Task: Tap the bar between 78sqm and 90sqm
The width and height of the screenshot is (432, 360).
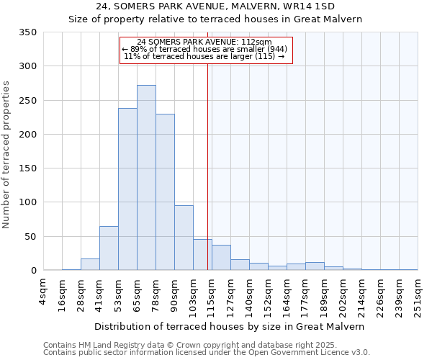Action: pos(165,192)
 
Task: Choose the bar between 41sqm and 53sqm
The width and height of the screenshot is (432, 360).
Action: pos(109,248)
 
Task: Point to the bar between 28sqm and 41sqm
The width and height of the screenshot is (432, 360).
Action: pos(90,264)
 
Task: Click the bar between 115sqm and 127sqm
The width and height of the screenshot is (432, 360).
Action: pos(221,258)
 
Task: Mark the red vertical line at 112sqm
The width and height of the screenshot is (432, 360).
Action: pos(207,166)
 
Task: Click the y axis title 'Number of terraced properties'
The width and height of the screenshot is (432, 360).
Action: pos(6,154)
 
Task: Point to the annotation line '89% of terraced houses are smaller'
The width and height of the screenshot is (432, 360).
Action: pos(207,49)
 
